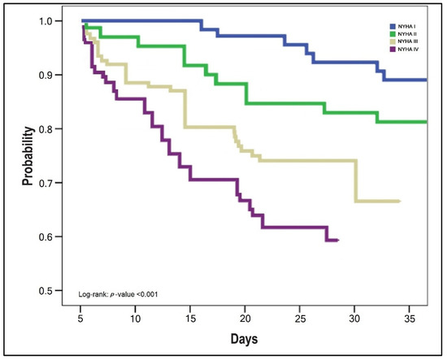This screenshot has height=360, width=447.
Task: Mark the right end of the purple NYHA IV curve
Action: click(337, 241)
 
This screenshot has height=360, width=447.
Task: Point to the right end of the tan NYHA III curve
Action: click(400, 201)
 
